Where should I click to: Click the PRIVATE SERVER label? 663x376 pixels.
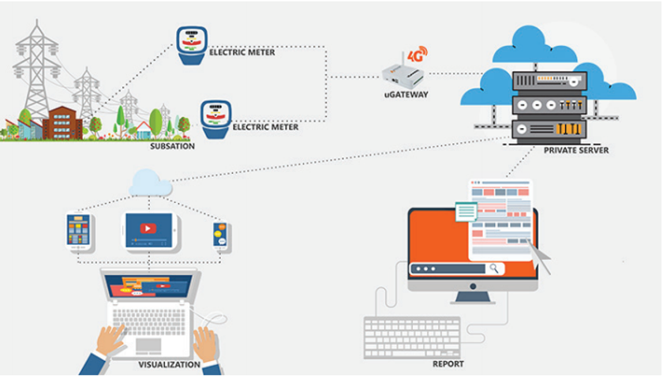(x=575, y=150)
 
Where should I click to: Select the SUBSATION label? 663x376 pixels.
(x=172, y=145)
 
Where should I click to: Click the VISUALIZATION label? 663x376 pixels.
(x=167, y=365)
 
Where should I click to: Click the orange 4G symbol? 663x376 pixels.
(x=418, y=55)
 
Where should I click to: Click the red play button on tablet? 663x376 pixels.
(x=148, y=229)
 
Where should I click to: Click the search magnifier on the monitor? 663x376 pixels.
(x=494, y=269)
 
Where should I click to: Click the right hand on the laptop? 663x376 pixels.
(x=206, y=344)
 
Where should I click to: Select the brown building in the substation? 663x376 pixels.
(x=62, y=122)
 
